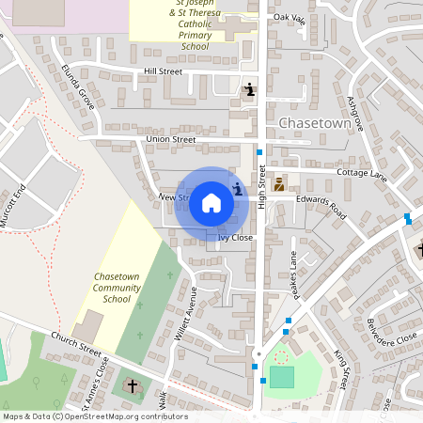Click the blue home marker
click(x=211, y=202)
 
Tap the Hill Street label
click(x=163, y=70)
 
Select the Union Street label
click(x=170, y=139)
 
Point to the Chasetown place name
click(x=314, y=123)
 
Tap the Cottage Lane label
click(x=362, y=175)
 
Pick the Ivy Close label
click(x=236, y=239)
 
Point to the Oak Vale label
click(x=290, y=18)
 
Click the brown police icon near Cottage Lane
click(x=279, y=185)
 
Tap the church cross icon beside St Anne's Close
click(x=132, y=385)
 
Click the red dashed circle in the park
click(x=280, y=356)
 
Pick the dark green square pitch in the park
click(x=281, y=377)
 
